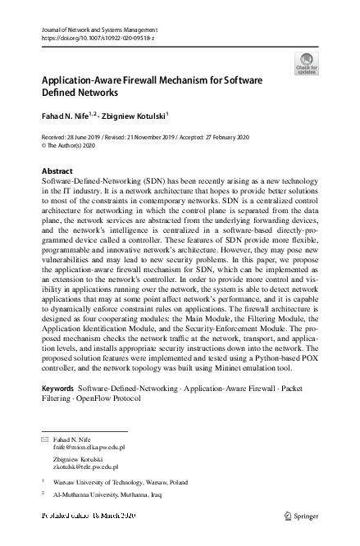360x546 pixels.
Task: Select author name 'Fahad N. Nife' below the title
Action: point(66,116)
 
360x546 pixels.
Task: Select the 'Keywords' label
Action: point(57,385)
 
